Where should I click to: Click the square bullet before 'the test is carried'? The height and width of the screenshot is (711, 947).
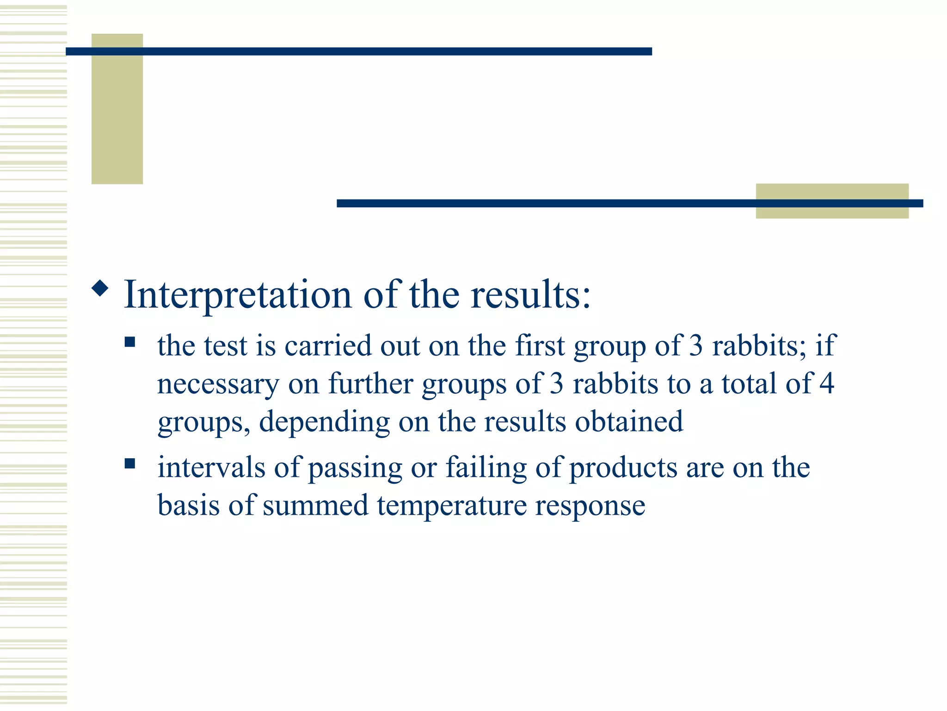click(x=130, y=342)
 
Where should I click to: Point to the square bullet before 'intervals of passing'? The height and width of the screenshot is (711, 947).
click(x=130, y=463)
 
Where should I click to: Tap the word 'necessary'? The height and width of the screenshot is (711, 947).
click(x=218, y=384)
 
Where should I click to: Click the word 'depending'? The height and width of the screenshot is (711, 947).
click(x=324, y=422)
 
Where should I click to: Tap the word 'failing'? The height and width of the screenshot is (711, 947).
click(x=486, y=468)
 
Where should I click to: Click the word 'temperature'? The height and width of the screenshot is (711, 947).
click(x=451, y=506)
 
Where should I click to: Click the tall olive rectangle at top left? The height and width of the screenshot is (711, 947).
click(x=117, y=116)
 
